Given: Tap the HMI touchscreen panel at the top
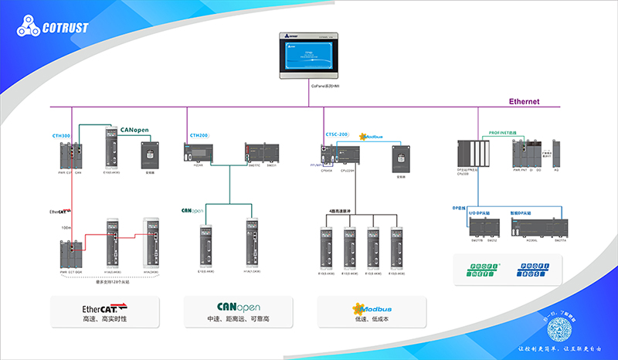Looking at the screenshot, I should (x=309, y=56).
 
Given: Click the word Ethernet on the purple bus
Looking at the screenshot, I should (x=524, y=102).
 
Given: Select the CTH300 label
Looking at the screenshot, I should (x=62, y=135).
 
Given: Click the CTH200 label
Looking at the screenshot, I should (x=199, y=135).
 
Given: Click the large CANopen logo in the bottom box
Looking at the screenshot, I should (x=235, y=307).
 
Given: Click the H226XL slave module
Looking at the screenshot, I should (x=532, y=227).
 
